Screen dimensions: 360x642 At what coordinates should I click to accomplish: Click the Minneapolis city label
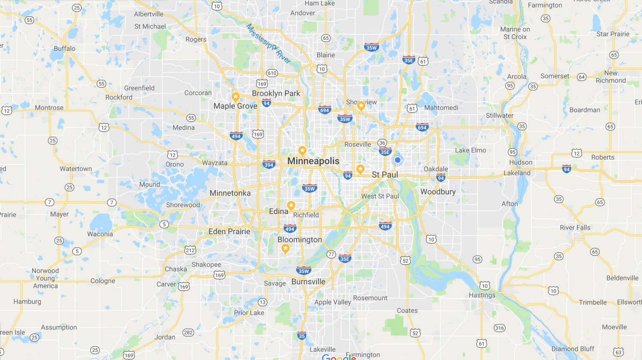pos(313,161)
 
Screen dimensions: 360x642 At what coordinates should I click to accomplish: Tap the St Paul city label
pos(385,175)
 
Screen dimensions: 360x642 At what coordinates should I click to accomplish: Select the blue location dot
pos(398,160)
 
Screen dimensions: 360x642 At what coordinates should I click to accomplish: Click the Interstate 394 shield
pos(269,165)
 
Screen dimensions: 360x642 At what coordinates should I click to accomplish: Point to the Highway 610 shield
pos(272,73)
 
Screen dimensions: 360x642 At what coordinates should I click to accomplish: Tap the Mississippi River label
pos(268,44)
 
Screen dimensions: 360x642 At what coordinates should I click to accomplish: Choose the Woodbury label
pos(438,192)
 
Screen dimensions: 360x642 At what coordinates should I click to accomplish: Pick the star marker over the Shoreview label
pos(361,105)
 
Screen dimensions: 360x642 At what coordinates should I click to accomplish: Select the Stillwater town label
pos(499,116)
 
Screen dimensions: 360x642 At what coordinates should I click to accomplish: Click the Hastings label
pos(482,295)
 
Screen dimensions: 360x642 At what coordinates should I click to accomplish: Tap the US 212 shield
pos(190,250)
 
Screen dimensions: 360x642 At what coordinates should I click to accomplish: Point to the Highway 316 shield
pos(499,328)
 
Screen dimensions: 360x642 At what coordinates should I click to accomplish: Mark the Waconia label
pos(100,234)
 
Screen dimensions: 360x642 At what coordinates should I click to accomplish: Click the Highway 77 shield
pos(331,254)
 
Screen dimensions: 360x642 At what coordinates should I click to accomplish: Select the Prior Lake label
pos(249,313)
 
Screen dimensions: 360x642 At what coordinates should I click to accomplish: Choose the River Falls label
pos(575,228)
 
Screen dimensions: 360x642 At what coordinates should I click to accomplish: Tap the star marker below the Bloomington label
pos(285,249)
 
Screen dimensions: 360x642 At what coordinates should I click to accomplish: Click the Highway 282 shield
pos(188,332)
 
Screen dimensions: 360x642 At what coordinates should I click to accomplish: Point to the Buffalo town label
pos(65,49)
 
